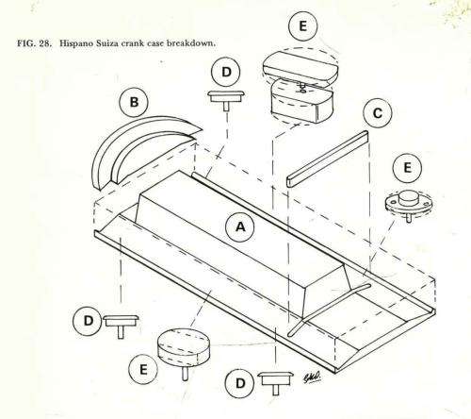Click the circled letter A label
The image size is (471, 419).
[240, 226]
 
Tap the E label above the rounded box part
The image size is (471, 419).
[301, 27]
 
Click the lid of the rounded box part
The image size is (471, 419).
[297, 64]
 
